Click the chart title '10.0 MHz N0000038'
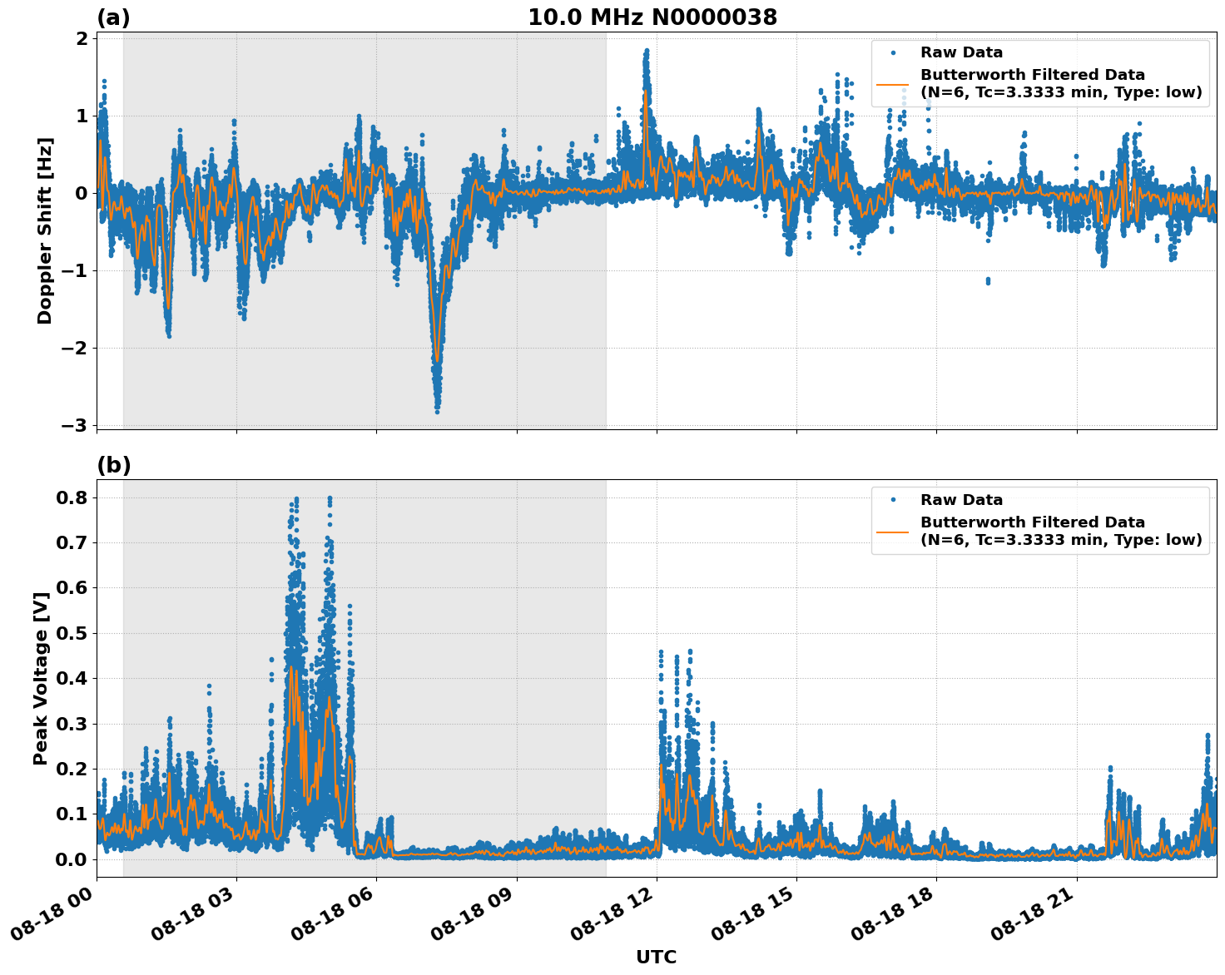652,17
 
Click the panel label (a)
113,17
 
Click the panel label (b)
113,465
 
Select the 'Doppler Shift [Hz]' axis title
45,230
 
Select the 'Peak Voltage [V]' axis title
41,678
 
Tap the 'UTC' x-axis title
656,957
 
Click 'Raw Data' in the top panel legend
961,52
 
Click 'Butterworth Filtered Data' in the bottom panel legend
1032,522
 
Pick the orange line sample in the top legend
893,83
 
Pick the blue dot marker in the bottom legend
893,500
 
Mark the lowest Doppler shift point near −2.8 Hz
437,411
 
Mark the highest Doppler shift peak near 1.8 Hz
646,51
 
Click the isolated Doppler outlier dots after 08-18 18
988,281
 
